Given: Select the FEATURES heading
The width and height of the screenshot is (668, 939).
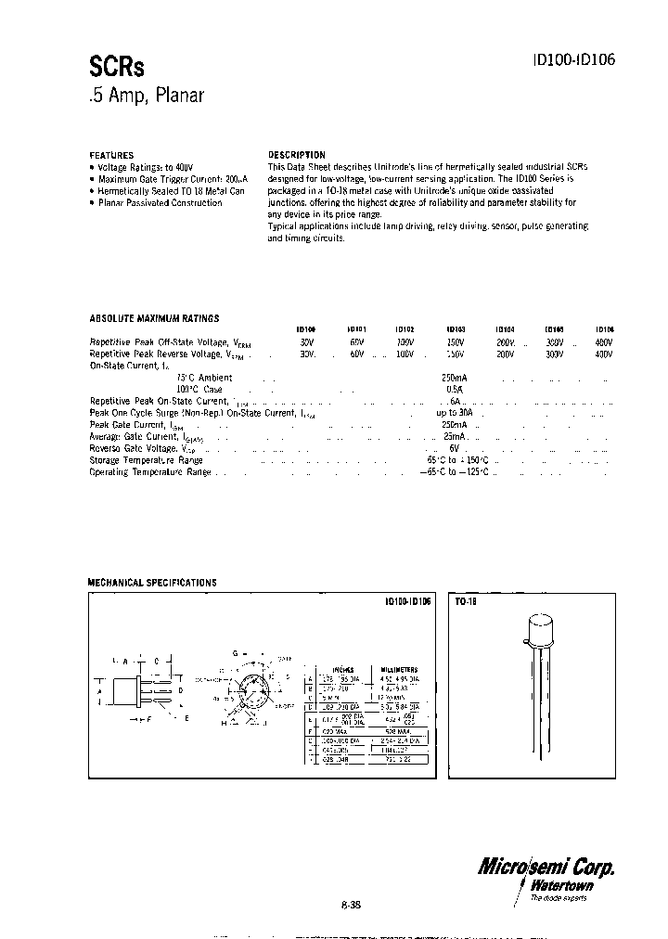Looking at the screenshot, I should point(111,155).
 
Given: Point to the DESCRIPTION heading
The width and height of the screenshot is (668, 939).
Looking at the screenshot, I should point(296,155).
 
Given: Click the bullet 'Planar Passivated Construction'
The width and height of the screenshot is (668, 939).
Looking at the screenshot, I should point(160,203).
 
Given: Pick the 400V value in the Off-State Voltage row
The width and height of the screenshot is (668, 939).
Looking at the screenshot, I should point(603,342).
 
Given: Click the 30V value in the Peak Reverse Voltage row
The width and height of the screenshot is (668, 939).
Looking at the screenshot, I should point(307,354).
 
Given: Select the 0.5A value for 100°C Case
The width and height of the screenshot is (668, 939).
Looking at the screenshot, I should point(455,390).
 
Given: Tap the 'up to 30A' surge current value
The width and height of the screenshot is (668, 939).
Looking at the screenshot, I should point(455,413).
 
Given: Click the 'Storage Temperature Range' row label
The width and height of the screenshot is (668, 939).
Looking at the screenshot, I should point(146,460).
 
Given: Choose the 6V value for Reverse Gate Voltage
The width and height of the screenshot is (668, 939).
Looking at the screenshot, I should point(455,448).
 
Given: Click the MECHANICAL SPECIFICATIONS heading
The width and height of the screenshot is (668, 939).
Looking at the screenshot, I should point(152,583).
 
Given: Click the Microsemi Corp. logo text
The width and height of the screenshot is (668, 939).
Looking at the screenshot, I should point(546,867).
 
